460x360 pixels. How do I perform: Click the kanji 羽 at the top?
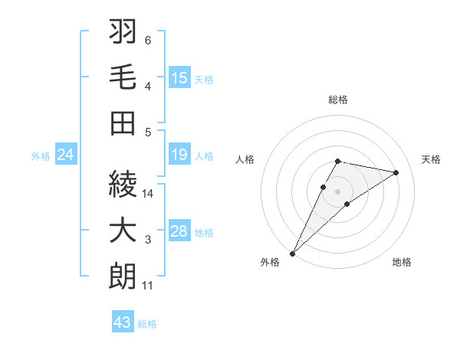[x=123, y=34]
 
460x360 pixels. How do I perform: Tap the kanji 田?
[x=123, y=123]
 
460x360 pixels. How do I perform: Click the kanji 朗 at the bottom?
[x=123, y=277]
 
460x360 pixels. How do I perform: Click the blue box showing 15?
[x=179, y=77]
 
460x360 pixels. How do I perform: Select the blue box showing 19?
[x=179, y=155]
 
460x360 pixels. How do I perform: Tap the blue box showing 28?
[x=179, y=232]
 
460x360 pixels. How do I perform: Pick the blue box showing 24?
[x=66, y=155]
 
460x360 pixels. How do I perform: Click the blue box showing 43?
[x=123, y=322]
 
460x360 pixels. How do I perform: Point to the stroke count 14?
[x=148, y=194]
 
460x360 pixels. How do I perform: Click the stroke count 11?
[x=148, y=286]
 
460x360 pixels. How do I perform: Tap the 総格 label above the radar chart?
[x=337, y=100]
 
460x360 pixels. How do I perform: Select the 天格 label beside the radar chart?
[x=431, y=159]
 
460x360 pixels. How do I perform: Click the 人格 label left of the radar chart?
[x=245, y=159]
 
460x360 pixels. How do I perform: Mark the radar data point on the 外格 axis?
[x=292, y=253]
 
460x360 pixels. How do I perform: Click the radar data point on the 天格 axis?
[x=396, y=172]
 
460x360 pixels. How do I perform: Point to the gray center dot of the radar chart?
[x=337, y=191]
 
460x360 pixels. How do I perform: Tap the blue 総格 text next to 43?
[x=147, y=324]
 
